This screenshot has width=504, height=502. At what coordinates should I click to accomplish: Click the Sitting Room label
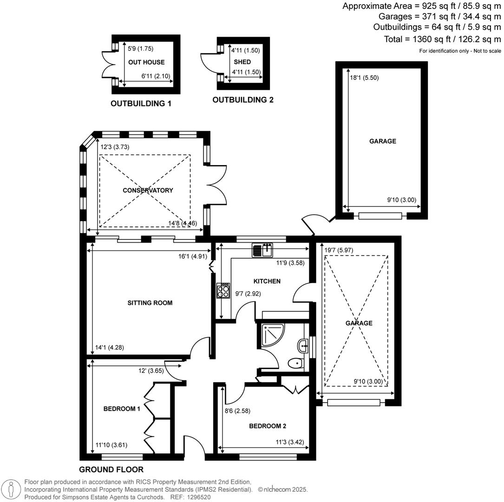(x=150, y=303)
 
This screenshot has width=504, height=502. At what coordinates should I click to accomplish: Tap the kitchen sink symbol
(x=262, y=250)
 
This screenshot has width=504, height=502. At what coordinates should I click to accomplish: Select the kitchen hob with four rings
(x=223, y=291)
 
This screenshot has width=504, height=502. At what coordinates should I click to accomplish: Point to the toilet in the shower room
(x=296, y=363)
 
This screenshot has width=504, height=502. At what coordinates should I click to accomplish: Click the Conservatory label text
(x=148, y=191)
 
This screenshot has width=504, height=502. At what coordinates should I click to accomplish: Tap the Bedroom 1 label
(x=122, y=409)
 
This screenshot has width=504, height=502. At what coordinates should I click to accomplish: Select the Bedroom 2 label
(x=268, y=426)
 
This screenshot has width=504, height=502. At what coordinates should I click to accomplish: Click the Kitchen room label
(x=267, y=281)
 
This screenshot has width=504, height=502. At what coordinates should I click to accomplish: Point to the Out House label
(x=146, y=62)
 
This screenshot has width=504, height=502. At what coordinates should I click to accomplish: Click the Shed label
(x=242, y=62)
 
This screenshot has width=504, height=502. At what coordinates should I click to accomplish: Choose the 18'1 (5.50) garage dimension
(x=364, y=78)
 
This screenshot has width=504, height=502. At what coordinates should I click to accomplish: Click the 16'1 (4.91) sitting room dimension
(x=193, y=256)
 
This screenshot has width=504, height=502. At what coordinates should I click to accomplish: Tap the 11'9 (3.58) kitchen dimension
(x=290, y=263)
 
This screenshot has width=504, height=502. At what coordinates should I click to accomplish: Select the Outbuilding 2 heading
(x=243, y=99)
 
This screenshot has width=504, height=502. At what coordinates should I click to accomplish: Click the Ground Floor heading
(x=111, y=469)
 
